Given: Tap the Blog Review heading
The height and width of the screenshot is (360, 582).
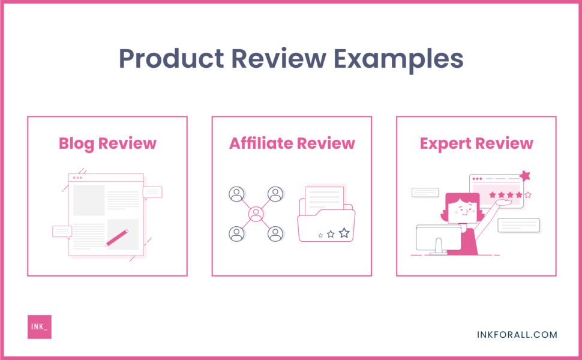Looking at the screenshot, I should point(107,143).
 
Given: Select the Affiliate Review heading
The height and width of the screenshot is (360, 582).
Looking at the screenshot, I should point(292,143).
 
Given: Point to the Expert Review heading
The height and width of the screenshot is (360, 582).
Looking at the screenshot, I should point(476,143).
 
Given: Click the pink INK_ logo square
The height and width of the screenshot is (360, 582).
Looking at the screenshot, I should point(40,326).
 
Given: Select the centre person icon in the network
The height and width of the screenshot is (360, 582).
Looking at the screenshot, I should point(256,214).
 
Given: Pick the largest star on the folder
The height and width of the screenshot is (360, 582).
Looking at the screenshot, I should point(344,232).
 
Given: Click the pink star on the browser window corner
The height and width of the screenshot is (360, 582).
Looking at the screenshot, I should point(526,176).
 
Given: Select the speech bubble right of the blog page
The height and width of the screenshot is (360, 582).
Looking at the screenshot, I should point(152,192).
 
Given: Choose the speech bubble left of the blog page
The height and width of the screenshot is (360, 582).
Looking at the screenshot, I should point(62,231).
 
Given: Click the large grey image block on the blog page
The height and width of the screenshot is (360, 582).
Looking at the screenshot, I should point(89,200).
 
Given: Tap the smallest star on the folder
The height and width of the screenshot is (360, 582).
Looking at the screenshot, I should point(320,235).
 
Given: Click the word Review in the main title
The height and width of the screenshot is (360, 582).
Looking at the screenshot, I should point(275,59).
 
